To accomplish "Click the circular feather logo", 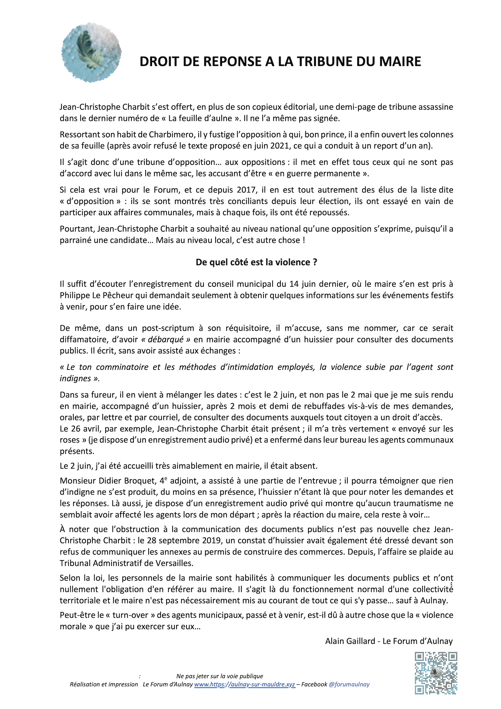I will [x=91, y=52].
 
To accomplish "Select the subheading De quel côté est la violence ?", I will [x=256, y=262].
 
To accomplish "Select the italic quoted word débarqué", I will [x=166, y=339].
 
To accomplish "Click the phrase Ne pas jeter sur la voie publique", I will [x=220, y=676].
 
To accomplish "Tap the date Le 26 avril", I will [x=78, y=429].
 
